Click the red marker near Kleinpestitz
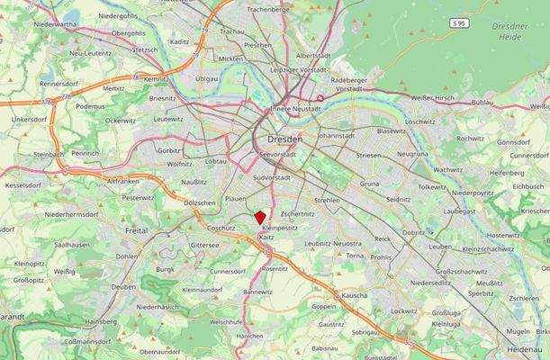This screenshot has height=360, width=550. click(260, 217)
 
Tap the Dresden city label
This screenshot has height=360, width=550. click(284, 140)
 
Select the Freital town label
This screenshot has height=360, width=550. click(137, 231)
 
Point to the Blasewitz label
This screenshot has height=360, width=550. click(392, 130)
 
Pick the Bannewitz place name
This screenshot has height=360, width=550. click(257, 292)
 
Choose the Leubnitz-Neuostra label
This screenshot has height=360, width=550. click(333, 243)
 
